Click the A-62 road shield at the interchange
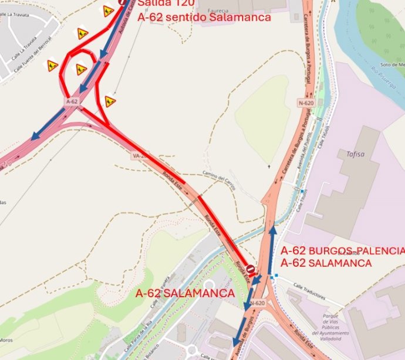pos(72,101)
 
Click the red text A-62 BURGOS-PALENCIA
pos(342,251)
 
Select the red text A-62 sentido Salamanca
pos(204,18)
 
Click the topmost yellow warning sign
pos(108,11)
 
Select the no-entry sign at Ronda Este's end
pos(251,270)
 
